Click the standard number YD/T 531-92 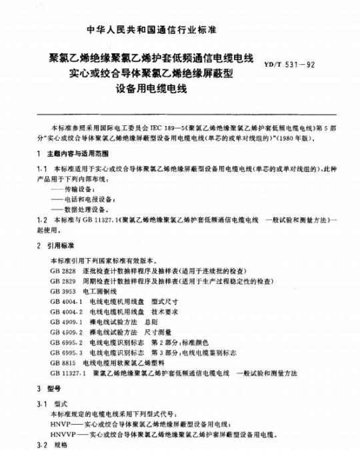[313, 65]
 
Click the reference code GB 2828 [63, 272]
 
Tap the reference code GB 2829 [63, 282]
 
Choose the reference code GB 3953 [63, 293]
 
